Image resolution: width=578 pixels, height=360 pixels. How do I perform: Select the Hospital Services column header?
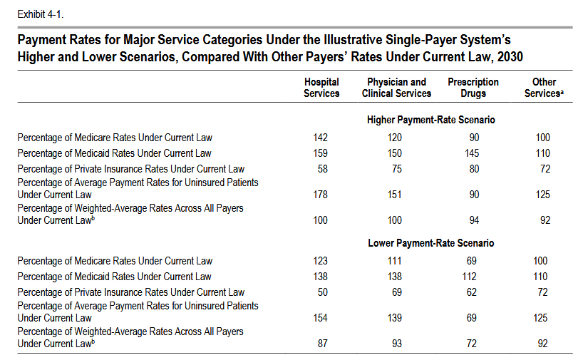pyautogui.click(x=321, y=88)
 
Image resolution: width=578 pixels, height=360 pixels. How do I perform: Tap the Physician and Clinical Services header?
pyautogui.click(x=396, y=88)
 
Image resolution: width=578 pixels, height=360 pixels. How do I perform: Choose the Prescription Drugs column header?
pyautogui.click(x=473, y=88)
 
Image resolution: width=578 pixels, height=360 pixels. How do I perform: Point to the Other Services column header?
pyautogui.click(x=544, y=88)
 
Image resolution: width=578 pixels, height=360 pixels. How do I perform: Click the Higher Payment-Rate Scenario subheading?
pyautogui.click(x=430, y=120)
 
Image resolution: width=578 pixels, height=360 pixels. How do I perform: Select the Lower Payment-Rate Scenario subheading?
pyautogui.click(x=430, y=243)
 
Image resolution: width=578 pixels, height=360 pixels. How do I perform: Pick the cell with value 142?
pyautogui.click(x=321, y=138)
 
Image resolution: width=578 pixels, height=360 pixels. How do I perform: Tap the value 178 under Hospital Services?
pyautogui.click(x=321, y=195)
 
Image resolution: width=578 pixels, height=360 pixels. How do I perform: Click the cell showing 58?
pyautogui.click(x=321, y=169)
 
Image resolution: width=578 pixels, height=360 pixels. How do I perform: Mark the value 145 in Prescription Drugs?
pyautogui.click(x=471, y=153)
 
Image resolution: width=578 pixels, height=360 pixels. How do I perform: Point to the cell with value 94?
pyautogui.click(x=471, y=220)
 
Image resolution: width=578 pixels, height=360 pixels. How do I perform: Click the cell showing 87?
pyautogui.click(x=321, y=344)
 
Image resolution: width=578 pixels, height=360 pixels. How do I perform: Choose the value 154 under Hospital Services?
pyautogui.click(x=321, y=318)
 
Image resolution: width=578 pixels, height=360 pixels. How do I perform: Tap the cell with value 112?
pyautogui.click(x=471, y=277)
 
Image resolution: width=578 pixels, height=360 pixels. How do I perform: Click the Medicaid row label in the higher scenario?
pyautogui.click(x=114, y=153)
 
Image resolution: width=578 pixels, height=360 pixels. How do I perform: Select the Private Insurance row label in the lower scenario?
pyautogui.click(x=130, y=292)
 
